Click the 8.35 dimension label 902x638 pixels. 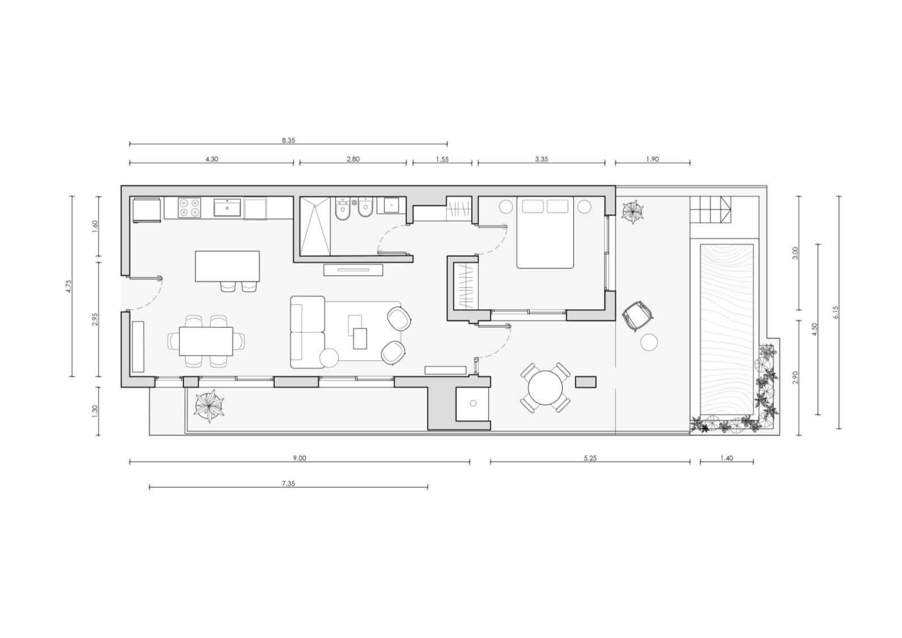(x=288, y=140)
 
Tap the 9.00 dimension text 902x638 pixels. (x=299, y=458)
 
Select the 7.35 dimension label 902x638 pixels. (x=288, y=483)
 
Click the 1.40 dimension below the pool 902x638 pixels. (x=727, y=458)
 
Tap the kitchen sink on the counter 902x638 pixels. (x=227, y=207)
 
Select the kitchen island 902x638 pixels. (x=227, y=267)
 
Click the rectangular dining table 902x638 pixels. (x=206, y=341)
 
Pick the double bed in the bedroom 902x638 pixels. (x=545, y=232)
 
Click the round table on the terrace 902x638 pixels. (x=545, y=388)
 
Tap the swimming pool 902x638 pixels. (x=727, y=329)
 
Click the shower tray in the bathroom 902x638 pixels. (x=315, y=226)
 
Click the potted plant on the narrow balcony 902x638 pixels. (x=210, y=406)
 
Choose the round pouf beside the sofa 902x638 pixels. (x=329, y=357)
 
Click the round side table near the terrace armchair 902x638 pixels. (x=649, y=342)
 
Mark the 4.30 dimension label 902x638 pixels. (x=212, y=159)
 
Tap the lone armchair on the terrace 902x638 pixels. (x=637, y=316)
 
